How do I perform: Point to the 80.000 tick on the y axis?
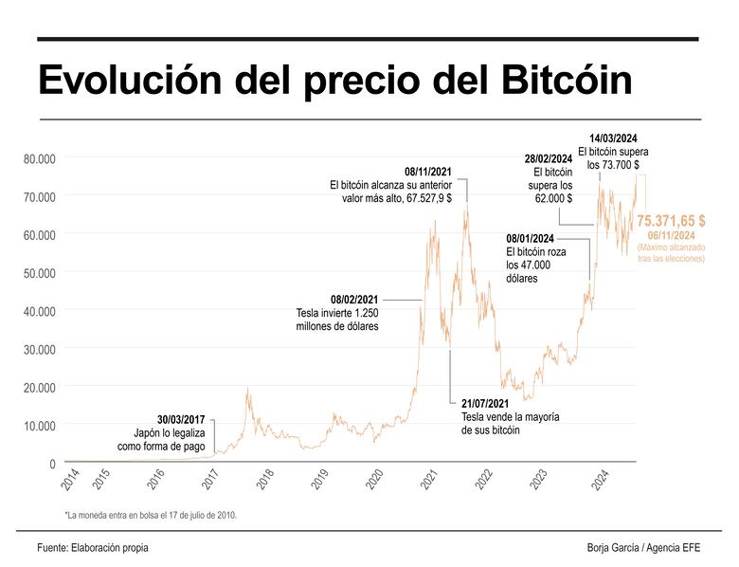coord(40,157)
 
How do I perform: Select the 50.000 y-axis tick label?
coord(40,272)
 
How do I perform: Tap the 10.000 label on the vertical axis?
coord(40,425)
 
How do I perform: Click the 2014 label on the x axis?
coord(71,481)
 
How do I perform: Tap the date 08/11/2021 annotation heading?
coord(427,173)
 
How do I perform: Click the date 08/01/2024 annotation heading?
coord(530,239)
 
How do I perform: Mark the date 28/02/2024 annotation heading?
coord(549,158)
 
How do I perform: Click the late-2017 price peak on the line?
coord(248,389)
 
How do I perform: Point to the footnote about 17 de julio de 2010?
coord(150,515)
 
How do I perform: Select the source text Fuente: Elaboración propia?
coord(93,547)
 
